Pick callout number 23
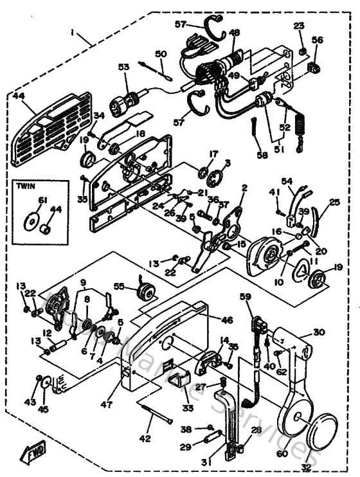pyautogui.click(x=298, y=26)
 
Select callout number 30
pyautogui.click(x=320, y=332)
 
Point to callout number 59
pyautogui.click(x=245, y=297)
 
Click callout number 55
pyautogui.click(x=118, y=287)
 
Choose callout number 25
pyautogui.click(x=333, y=203)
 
